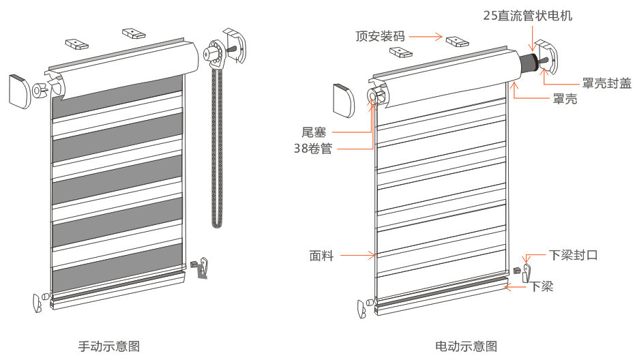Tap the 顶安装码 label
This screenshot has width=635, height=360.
[380, 36]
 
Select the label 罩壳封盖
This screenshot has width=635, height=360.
[606, 83]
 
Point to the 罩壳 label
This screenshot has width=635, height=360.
[564, 100]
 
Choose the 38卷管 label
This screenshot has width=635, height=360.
[316, 148]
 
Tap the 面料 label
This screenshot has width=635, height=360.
[321, 256]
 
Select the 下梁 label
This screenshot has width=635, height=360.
[542, 286]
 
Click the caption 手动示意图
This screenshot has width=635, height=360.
[109, 346]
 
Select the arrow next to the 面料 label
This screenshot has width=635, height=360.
[358, 256]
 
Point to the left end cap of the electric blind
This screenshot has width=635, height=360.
[344, 100]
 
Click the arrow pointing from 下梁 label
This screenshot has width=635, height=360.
[516, 287]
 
